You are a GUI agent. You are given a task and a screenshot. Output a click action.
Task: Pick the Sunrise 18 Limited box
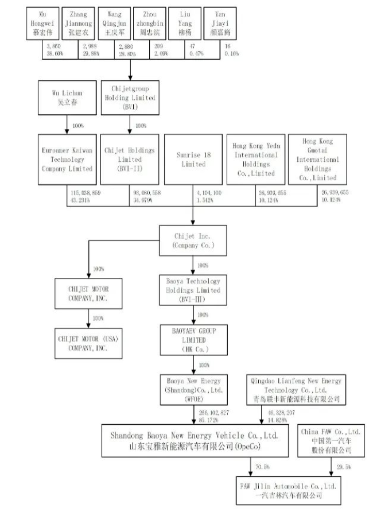coord(193,160)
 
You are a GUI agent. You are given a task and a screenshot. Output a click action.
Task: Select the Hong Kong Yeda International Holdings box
coord(256,160)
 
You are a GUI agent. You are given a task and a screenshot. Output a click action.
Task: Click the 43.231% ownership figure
coord(84,199)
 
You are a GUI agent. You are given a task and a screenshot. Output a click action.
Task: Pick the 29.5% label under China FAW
coord(341,467)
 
